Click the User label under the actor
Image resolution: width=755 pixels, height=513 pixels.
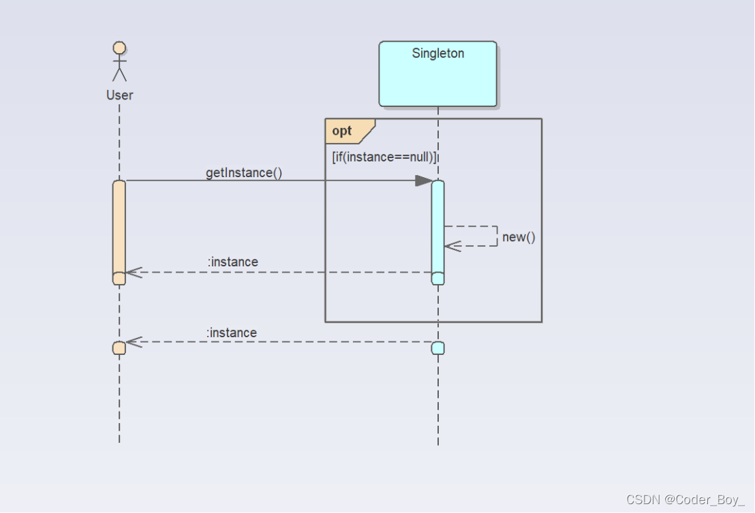119,95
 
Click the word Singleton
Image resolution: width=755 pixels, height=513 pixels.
437,53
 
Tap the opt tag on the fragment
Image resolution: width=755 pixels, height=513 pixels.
343,131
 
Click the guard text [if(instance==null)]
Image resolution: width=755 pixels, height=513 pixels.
384,157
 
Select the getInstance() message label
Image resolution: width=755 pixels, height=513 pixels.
244,172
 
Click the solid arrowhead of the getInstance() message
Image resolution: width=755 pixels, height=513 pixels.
424,181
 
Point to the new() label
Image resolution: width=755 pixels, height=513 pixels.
519,237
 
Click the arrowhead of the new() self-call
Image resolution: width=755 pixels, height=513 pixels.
452,246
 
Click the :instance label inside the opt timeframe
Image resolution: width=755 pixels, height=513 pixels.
233,262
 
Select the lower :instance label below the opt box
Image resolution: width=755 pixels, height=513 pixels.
232,332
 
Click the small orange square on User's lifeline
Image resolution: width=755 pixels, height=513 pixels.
119,348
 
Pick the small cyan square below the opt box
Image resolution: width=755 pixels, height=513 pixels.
437,348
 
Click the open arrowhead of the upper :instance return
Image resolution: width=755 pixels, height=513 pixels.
133,272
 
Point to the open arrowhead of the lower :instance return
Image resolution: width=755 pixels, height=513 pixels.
133,341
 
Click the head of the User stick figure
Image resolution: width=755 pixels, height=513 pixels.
119,48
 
